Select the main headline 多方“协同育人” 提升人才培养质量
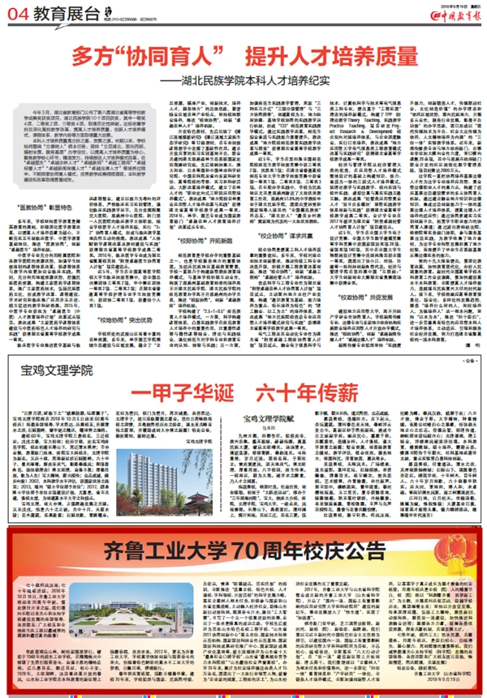coord(243,58)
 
